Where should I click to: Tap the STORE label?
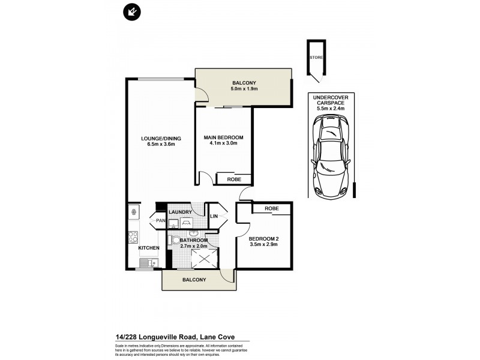tap(316, 57)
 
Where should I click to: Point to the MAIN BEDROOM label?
tap(224, 137)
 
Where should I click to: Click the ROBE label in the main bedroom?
tap(234, 179)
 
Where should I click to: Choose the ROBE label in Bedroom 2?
tap(272, 208)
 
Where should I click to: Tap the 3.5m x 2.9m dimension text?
tap(264, 243)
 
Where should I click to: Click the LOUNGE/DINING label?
tap(161, 139)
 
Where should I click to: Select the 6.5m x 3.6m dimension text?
tap(161, 145)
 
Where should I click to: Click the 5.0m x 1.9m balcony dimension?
tap(244, 89)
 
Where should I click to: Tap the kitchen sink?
tap(148, 262)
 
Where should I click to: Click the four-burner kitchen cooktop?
tap(133, 236)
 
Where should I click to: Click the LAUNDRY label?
tap(180, 212)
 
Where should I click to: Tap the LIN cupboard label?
tap(214, 216)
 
